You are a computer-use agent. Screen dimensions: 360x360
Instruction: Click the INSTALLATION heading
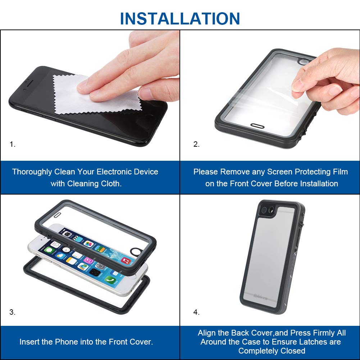(x=180, y=18)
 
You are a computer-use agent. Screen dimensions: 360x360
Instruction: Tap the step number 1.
(x=12, y=144)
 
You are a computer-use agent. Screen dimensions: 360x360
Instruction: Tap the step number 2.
(x=196, y=144)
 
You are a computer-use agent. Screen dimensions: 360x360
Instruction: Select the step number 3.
(x=12, y=312)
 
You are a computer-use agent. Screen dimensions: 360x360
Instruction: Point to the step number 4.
(x=196, y=312)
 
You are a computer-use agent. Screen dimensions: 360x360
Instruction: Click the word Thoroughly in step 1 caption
(x=32, y=172)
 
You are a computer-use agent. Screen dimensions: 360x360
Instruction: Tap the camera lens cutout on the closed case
(x=267, y=210)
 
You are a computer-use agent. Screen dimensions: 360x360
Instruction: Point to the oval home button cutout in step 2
(x=258, y=126)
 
